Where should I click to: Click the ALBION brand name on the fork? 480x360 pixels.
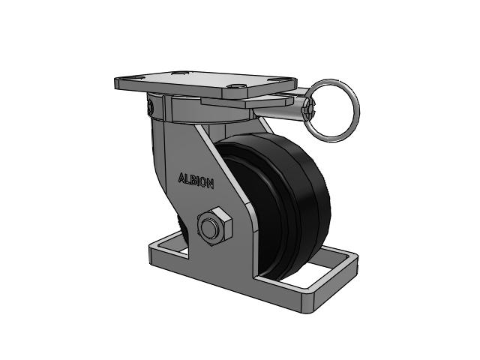(196, 181)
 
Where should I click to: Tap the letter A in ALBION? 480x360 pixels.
(181, 178)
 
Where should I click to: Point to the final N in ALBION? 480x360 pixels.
(210, 184)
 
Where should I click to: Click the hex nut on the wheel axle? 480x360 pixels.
(214, 226)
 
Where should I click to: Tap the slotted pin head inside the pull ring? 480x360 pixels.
(308, 110)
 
